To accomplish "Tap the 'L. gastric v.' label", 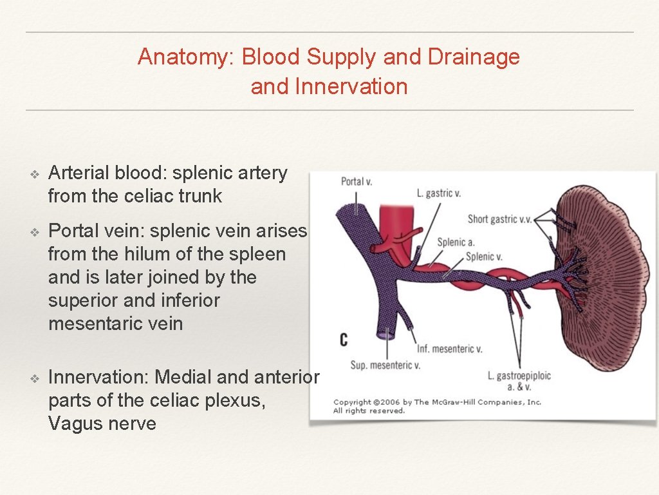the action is pyautogui.click(x=440, y=193).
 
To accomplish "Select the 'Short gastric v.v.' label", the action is pyautogui.click(x=499, y=219).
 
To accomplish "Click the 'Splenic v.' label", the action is pyautogui.click(x=484, y=257).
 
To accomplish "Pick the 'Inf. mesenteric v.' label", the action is pyautogui.click(x=449, y=349).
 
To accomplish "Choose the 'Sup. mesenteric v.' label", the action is pyautogui.click(x=385, y=365).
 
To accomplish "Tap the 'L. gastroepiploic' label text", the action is pyautogui.click(x=519, y=376).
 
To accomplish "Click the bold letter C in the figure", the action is pyautogui.click(x=344, y=339).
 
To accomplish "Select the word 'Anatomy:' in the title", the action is pyautogui.click(x=187, y=57).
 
